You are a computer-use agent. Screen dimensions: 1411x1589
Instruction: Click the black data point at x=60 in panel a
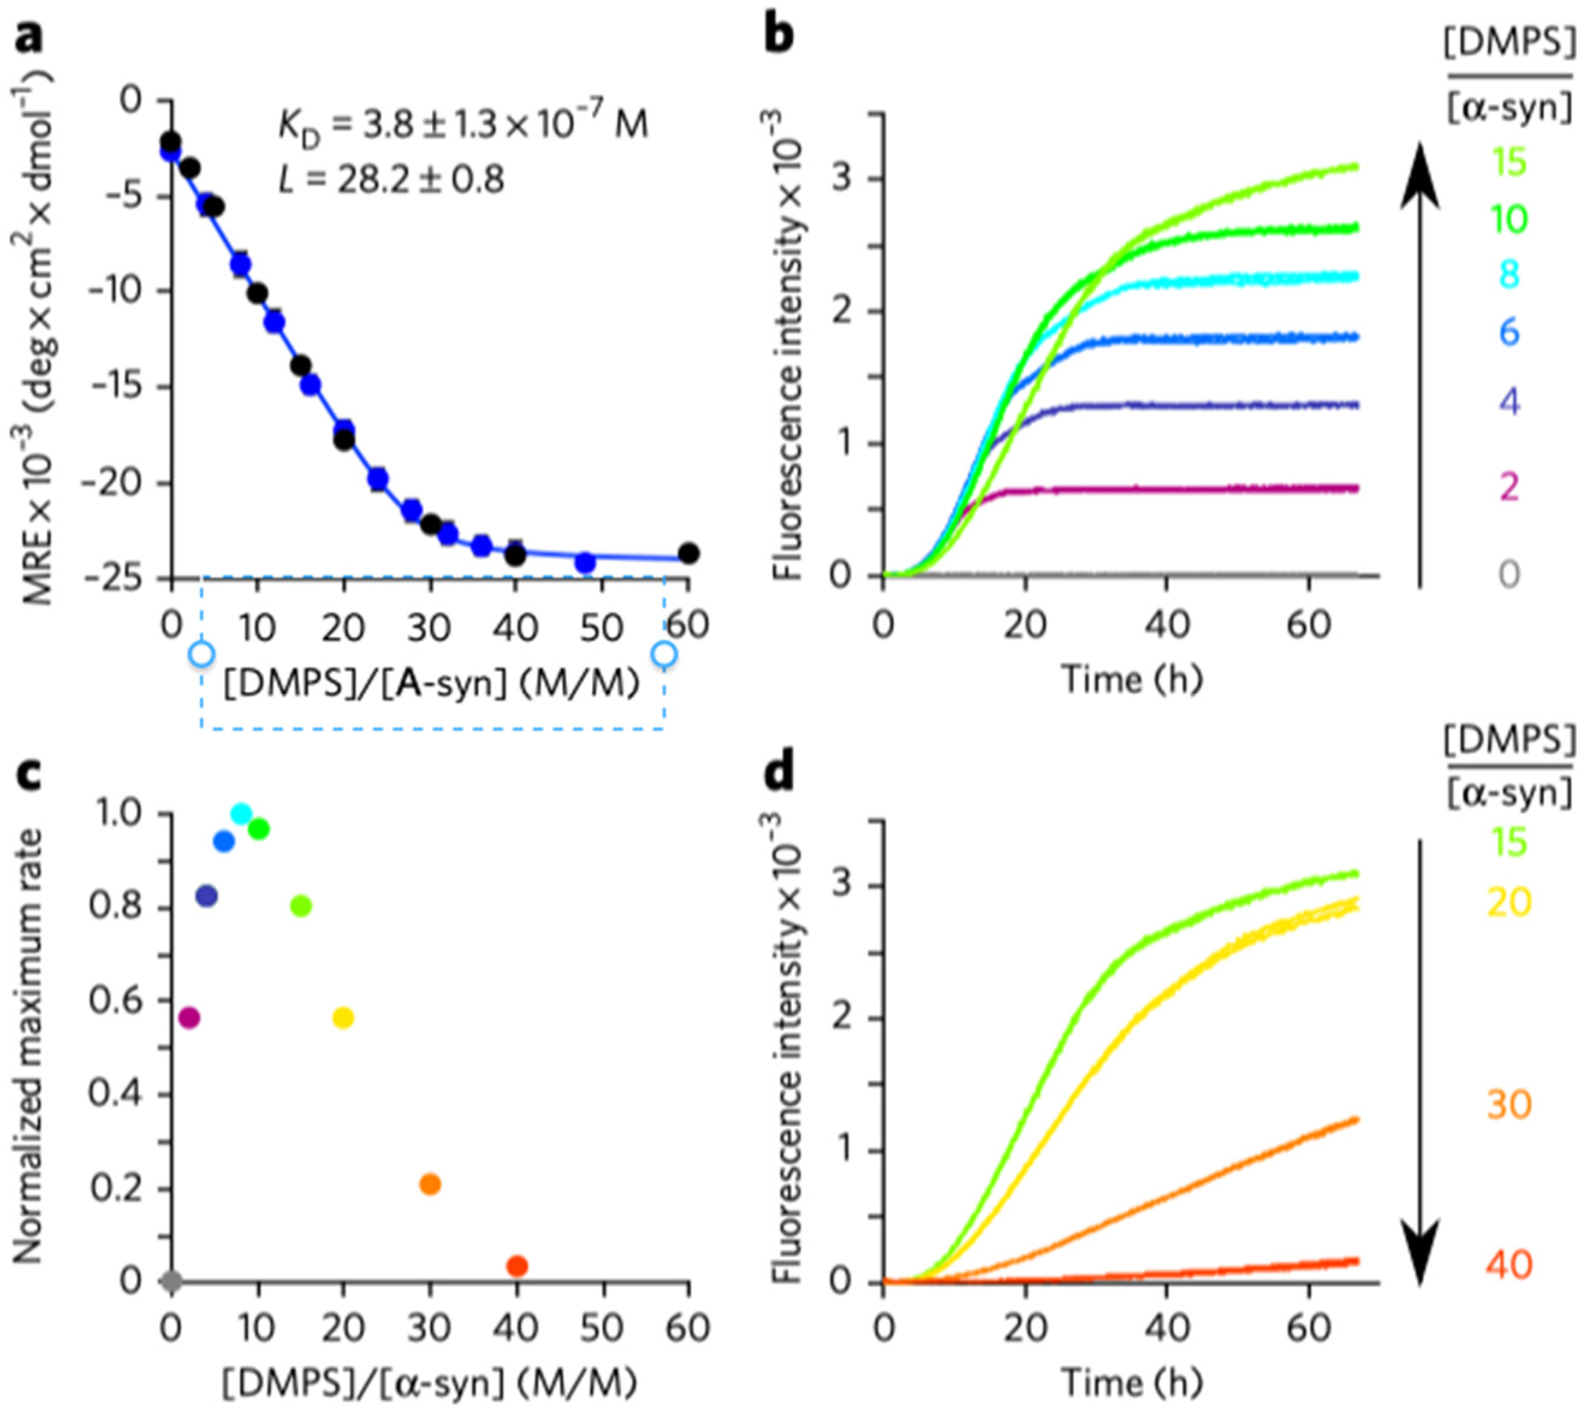(688, 553)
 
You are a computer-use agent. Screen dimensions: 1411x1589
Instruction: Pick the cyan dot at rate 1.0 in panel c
(242, 813)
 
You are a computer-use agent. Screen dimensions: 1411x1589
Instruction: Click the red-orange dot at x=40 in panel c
(517, 1266)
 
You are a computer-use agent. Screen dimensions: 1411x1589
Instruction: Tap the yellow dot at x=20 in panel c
(343, 1017)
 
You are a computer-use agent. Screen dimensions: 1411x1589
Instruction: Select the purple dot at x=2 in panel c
(189, 1017)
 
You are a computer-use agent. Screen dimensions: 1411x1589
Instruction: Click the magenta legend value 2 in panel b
(1508, 488)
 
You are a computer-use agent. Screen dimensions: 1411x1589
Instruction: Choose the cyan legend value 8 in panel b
(1508, 275)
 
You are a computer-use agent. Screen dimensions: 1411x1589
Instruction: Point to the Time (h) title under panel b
(1131, 680)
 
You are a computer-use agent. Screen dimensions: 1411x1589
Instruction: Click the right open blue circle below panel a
(664, 654)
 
